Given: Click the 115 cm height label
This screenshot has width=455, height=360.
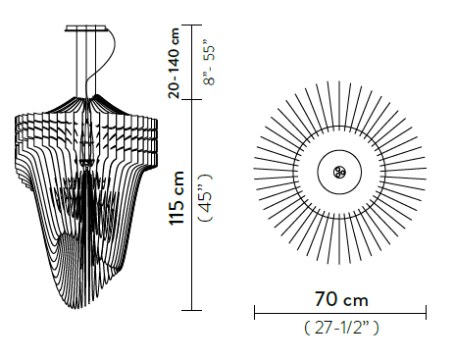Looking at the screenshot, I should coord(177,200).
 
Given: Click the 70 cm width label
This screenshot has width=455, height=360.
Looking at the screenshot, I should coord(340,297).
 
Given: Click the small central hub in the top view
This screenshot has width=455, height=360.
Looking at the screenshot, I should coord(340,174).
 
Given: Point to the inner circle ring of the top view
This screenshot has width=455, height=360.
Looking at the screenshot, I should coord(340,153).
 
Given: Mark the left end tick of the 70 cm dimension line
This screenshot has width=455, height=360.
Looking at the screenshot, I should coord(255,312).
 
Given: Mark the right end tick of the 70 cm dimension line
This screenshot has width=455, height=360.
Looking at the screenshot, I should coord(426,312).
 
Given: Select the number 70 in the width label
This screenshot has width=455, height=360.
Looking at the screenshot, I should coord(325,297).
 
